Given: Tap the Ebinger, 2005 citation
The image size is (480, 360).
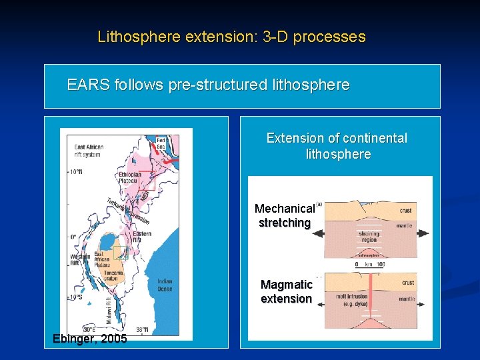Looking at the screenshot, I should click(x=89, y=339).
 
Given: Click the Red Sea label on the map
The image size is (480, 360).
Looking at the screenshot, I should click(x=161, y=142).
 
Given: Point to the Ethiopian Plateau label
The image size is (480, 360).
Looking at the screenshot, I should click(x=130, y=177).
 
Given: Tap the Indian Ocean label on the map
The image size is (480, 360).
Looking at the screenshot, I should click(x=164, y=285).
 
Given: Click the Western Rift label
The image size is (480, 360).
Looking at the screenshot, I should click(x=80, y=261).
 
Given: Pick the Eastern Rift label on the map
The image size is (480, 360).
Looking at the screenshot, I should click(x=141, y=236).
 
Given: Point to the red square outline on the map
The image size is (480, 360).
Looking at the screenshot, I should click(x=146, y=181).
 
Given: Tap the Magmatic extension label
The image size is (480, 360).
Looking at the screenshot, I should click(x=286, y=292).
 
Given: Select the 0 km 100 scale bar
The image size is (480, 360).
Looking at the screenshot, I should click(x=370, y=265).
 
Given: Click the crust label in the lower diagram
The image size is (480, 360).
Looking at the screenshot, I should click(x=407, y=283).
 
